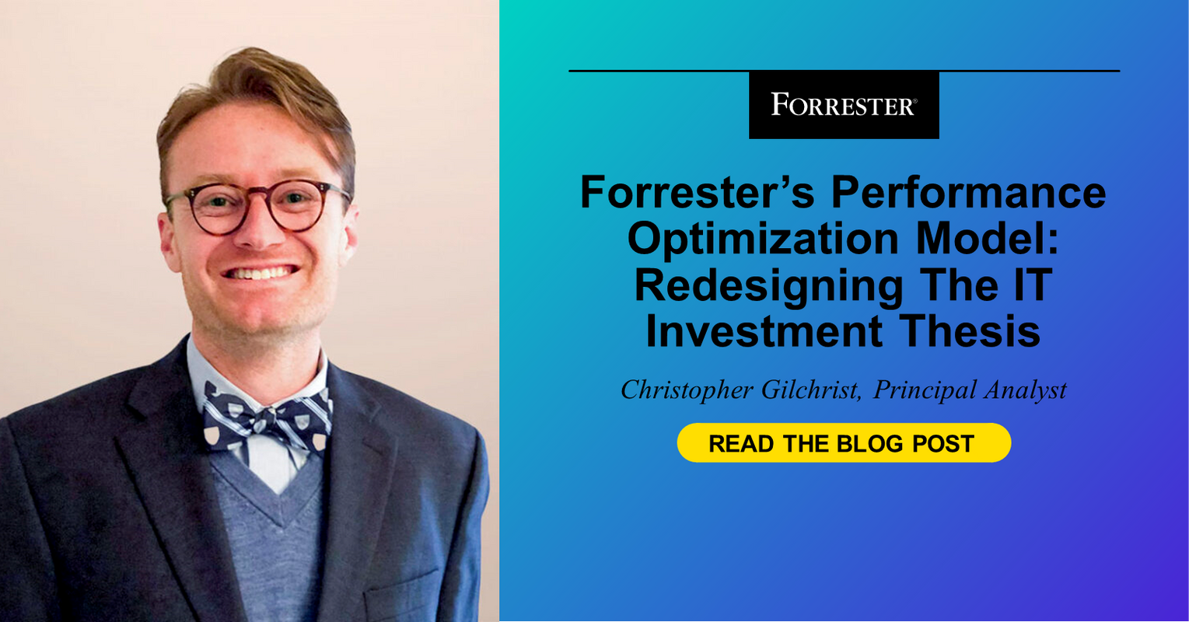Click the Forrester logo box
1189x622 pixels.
tap(844, 105)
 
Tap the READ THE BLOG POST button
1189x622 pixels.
tap(844, 443)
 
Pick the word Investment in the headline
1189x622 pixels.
tap(764, 332)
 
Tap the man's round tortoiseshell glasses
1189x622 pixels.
tap(257, 205)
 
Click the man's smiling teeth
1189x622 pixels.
tap(260, 274)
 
